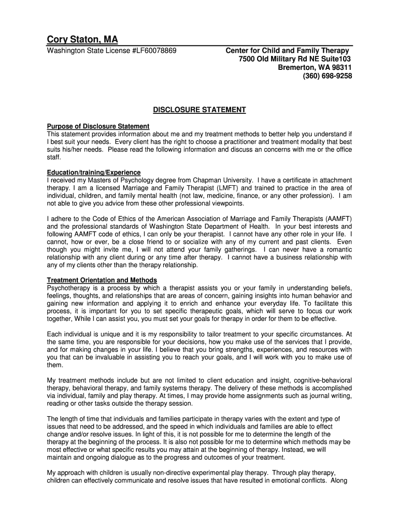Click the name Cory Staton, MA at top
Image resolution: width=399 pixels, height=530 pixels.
[82, 39]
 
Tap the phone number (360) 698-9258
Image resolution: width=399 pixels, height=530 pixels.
[327, 76]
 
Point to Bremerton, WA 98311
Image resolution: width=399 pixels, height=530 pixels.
[315, 68]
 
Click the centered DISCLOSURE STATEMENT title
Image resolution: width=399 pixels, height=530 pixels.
[199, 110]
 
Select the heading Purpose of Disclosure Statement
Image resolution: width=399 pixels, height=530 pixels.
[98, 126]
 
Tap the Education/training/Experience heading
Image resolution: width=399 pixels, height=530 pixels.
[94, 172]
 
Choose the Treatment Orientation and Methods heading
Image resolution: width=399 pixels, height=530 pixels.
[102, 281]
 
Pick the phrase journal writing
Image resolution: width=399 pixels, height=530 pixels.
[329, 396]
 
